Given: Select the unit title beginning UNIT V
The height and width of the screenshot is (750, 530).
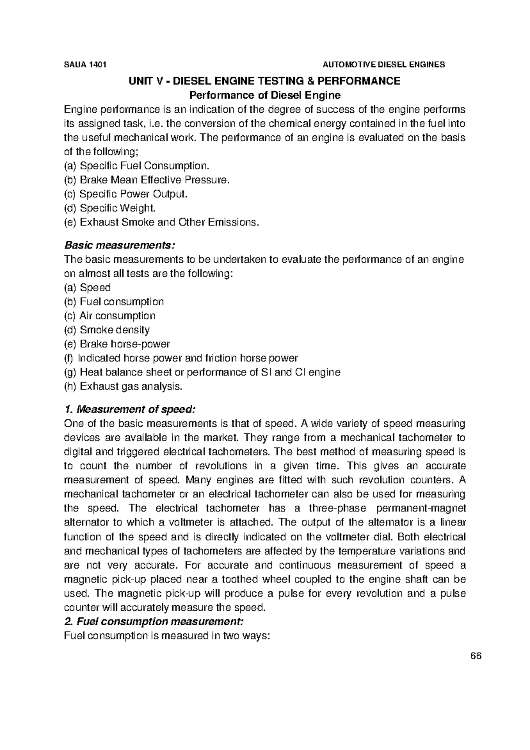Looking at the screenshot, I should [x=264, y=81].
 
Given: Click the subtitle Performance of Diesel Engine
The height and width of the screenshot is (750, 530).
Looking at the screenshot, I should [x=265, y=95].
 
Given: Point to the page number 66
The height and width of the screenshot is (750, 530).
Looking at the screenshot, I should [x=475, y=655].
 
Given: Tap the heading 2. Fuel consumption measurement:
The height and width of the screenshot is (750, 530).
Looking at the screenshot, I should [x=154, y=622].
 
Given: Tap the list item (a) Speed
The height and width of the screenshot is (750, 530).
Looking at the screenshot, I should [x=87, y=288].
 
